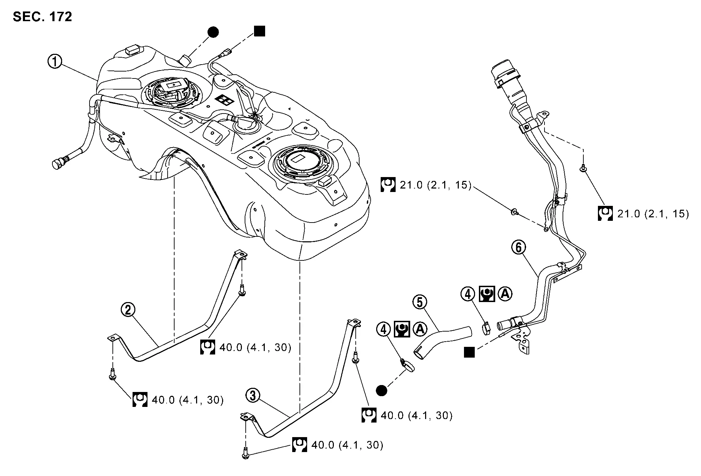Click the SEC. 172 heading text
42,17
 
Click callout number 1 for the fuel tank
54,62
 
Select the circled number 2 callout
128,310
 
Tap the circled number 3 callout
253,396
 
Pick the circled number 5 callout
420,302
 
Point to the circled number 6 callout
518,248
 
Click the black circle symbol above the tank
213,32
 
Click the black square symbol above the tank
260,31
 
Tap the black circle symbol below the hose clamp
381,391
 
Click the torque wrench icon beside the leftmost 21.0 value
388,185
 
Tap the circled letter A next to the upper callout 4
505,294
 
